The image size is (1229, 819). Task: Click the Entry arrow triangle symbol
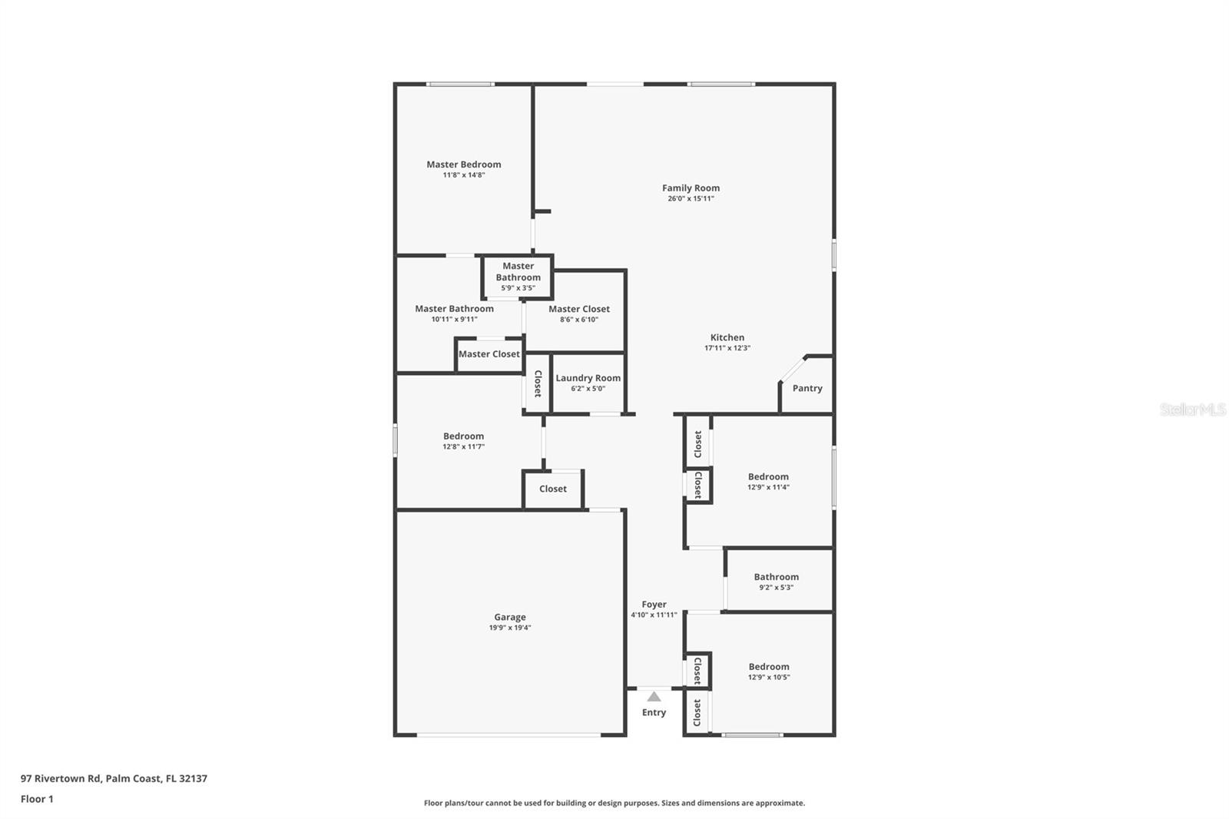tap(654, 697)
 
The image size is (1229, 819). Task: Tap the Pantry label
tap(807, 388)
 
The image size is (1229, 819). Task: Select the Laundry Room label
tap(588, 378)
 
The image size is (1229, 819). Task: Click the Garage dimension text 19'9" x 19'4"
tap(510, 628)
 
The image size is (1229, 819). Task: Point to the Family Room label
tap(691, 187)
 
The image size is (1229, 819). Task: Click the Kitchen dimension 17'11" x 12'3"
tap(727, 348)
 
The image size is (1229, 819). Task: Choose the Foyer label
tap(654, 605)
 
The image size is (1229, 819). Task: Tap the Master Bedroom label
tap(463, 164)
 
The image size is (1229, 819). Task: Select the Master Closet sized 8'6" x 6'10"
tap(578, 309)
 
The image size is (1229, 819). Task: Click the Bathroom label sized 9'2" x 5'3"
tap(776, 577)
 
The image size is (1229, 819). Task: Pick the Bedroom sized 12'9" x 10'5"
tap(768, 667)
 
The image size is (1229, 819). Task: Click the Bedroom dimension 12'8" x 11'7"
tap(463, 446)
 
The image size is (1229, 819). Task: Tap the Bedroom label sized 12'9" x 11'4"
tap(768, 476)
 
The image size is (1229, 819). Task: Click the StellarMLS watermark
tap(1192, 410)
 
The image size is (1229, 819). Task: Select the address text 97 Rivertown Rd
tap(61, 778)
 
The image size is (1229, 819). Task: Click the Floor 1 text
tap(37, 799)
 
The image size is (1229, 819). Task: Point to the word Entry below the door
tap(654, 712)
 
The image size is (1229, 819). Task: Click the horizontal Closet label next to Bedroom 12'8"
tap(552, 489)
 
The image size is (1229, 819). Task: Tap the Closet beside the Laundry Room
tap(538, 383)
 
